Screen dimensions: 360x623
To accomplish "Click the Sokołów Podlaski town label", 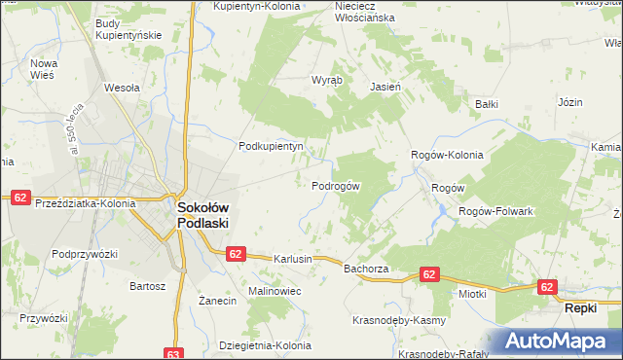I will click(x=202, y=214).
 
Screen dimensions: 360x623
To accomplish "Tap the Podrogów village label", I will click(x=336, y=186).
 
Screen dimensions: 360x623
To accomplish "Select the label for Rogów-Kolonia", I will click(x=447, y=154).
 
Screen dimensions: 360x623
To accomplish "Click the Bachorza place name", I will click(x=366, y=268).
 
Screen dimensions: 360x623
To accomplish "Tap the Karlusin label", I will click(x=293, y=260).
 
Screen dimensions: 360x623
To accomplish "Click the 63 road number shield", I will click(x=173, y=353).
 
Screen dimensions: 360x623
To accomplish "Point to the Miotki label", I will click(x=472, y=293).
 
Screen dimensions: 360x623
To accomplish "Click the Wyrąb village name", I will click(x=325, y=81).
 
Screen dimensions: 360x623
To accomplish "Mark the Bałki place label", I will click(x=486, y=103).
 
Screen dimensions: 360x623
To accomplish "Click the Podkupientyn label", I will click(x=272, y=146).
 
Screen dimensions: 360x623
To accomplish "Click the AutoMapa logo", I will click(x=559, y=342).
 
